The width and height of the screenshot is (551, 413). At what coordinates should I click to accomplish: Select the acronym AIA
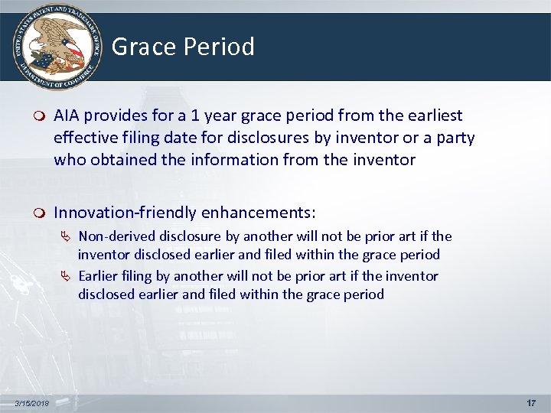tap(67, 115)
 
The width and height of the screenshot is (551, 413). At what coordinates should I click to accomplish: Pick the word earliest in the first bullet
tap(432, 115)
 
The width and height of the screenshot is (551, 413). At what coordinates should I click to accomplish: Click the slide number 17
tap(531, 403)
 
